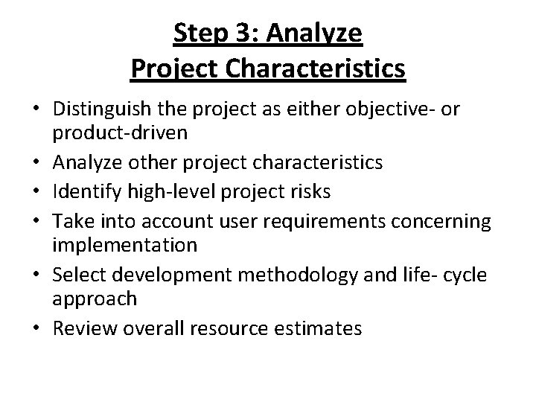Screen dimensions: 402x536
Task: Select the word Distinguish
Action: pos(100,109)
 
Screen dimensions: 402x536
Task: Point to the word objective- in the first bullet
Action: pos(395,109)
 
